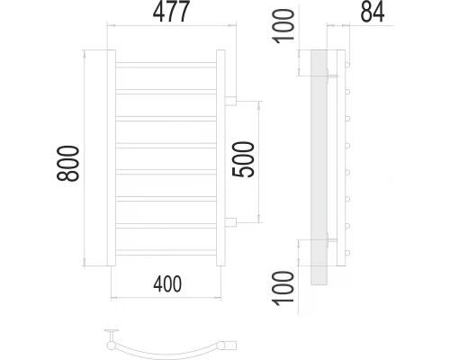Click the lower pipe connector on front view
click(230, 221)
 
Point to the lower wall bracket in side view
click(336, 240)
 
